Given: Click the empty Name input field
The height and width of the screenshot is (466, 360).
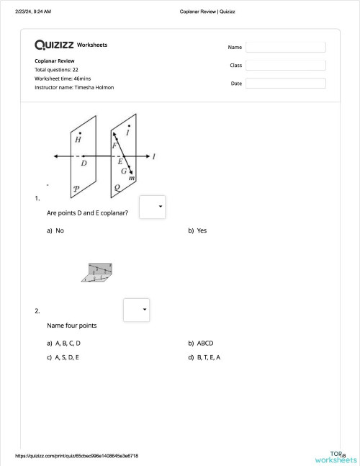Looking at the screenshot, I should (x=285, y=47).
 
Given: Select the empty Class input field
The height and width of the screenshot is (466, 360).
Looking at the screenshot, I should (x=285, y=65).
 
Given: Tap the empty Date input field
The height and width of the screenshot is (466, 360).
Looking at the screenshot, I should (x=285, y=83).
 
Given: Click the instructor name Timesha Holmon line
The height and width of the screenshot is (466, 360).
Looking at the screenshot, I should (x=74, y=87).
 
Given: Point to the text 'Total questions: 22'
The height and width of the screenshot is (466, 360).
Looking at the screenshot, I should (x=56, y=70).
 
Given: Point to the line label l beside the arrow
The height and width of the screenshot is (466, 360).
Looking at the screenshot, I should (x=154, y=156).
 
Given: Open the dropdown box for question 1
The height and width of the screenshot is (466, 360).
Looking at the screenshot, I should (x=152, y=206).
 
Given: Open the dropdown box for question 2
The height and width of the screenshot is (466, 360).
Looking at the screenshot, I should (x=136, y=310).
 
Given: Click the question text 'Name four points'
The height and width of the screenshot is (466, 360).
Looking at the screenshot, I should (x=72, y=326).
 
